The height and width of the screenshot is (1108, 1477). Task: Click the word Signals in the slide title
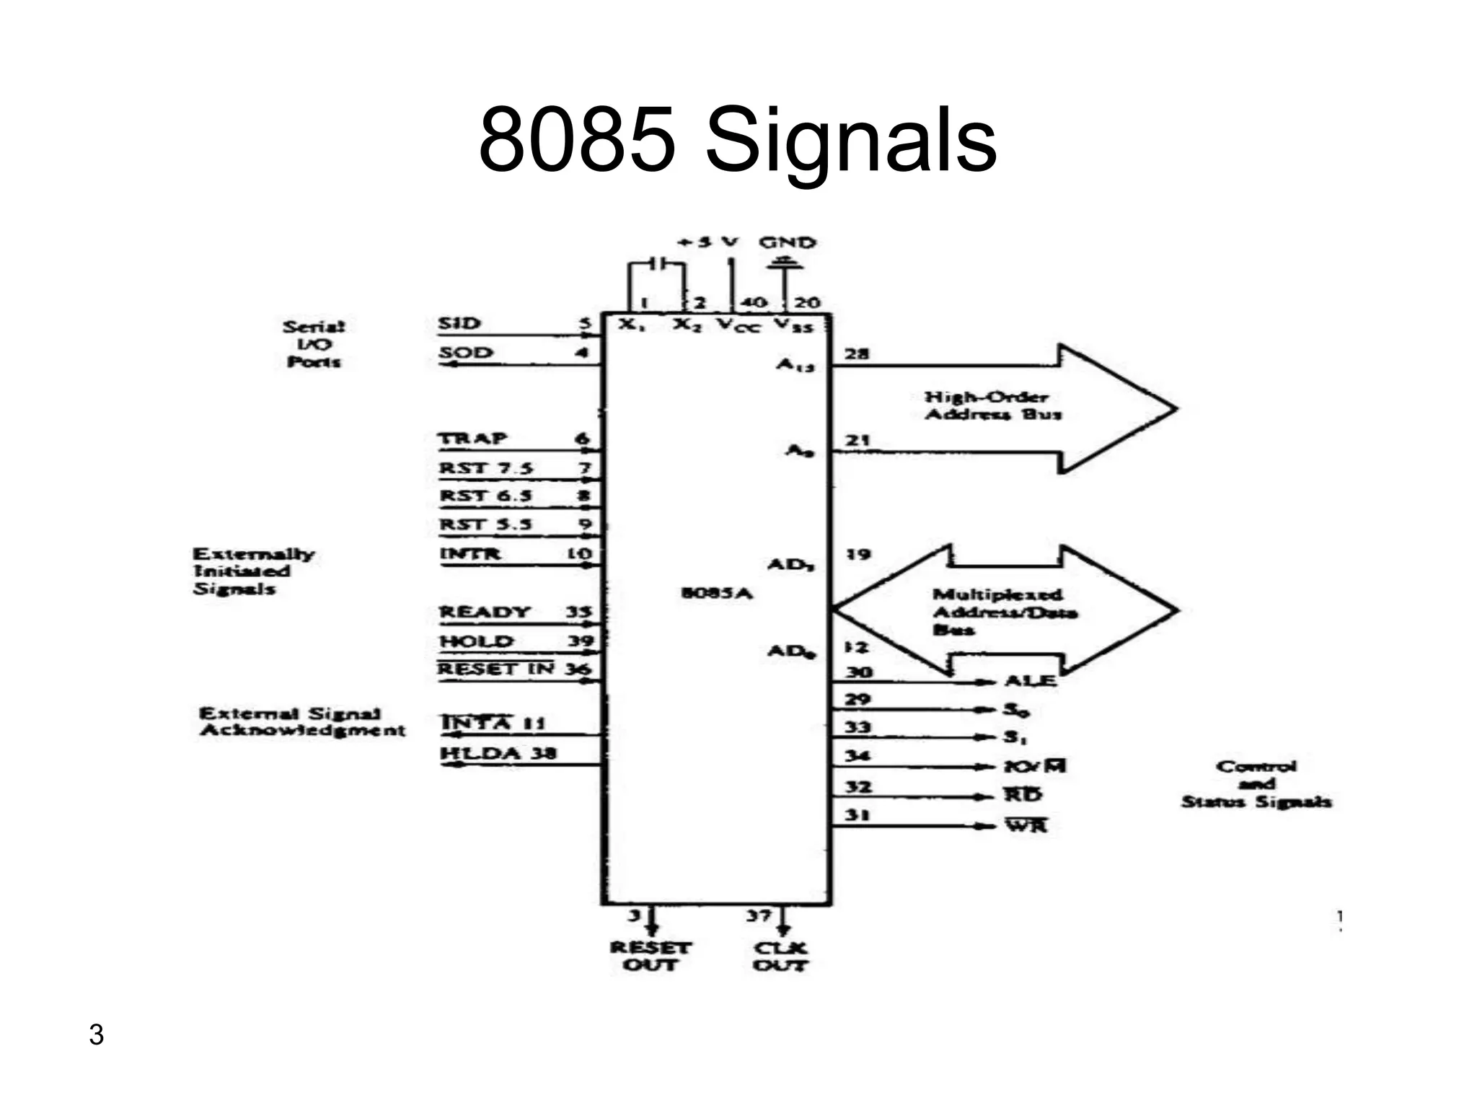851,141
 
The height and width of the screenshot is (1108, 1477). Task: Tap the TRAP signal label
473,439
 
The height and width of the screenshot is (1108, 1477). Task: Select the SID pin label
459,323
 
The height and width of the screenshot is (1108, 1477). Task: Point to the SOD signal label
466,353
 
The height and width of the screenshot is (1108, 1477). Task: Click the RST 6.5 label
485,496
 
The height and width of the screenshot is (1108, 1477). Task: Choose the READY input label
485,612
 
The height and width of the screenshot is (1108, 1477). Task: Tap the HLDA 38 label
498,753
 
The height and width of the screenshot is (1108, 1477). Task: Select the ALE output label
1030,680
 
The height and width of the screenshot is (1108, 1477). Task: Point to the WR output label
1026,825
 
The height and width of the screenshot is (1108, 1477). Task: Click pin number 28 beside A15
857,353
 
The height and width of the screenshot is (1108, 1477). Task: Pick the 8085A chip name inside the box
716,593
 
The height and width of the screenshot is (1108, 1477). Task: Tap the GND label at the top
787,242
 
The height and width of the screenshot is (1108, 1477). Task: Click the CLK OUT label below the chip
780,957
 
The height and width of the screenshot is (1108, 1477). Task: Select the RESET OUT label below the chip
650,957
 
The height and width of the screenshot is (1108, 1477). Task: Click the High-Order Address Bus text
992,405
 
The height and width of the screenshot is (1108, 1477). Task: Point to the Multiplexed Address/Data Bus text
1002,612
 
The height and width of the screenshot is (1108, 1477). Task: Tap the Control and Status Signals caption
1256,784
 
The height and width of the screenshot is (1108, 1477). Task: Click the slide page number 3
96,1034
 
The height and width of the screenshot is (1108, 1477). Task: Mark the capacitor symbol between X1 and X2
658,264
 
